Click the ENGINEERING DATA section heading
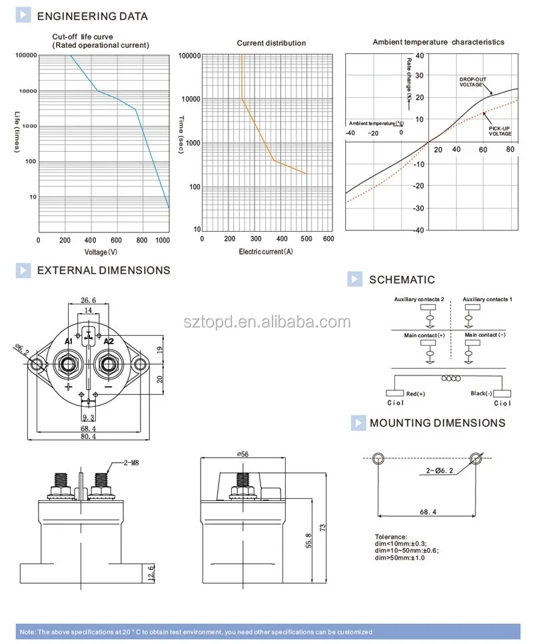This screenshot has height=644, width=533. click(93, 17)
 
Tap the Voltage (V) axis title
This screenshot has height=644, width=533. click(101, 252)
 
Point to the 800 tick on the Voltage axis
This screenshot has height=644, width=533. click(142, 240)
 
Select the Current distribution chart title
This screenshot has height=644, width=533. click(271, 43)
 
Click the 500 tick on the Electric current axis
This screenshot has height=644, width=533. click(306, 238)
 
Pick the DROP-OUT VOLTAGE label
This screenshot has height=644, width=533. click(472, 82)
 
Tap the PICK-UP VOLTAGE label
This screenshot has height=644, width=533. click(500, 131)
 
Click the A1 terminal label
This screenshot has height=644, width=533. click(69, 341)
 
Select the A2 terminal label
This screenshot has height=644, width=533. click(109, 341)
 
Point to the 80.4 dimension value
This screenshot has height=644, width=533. click(89, 436)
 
